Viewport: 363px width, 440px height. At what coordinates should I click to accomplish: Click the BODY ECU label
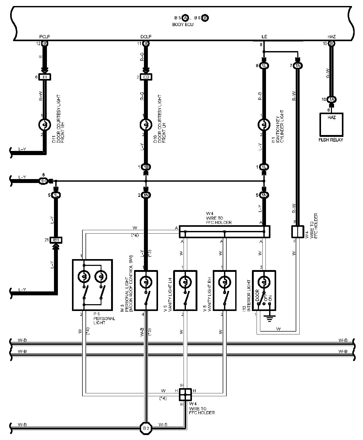coord(183,25)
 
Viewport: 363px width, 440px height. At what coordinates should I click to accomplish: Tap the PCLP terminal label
coord(45,37)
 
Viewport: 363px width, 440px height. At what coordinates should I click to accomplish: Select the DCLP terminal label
coord(146,37)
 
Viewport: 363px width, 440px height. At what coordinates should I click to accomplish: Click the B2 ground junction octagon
coord(146,428)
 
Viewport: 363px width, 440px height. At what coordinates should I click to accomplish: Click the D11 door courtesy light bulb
coord(45,125)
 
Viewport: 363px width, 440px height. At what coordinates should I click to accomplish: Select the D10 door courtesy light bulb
coord(146,125)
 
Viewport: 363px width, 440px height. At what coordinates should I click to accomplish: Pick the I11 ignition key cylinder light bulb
coord(264,125)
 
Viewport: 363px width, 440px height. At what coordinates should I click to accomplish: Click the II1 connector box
coord(45,77)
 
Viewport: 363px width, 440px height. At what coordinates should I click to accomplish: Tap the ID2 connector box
coord(146,77)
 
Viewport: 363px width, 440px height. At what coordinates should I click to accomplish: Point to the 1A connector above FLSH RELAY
coord(331,99)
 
